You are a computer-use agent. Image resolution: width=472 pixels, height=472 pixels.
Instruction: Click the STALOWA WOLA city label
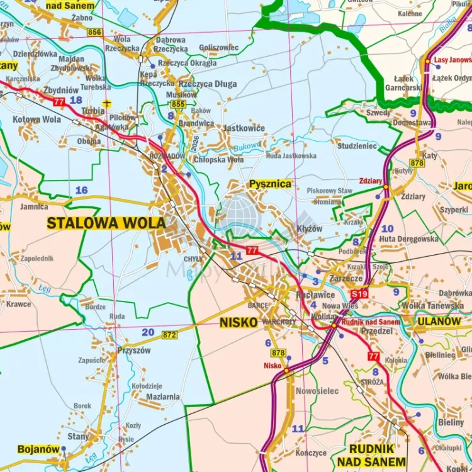pyautogui.click(x=106, y=223)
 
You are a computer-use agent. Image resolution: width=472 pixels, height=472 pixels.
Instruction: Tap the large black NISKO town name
pyautogui.click(x=239, y=323)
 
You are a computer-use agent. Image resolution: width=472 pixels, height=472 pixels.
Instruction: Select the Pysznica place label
pyautogui.click(x=271, y=184)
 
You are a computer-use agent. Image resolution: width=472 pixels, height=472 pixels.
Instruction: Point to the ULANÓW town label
pyautogui.click(x=439, y=321)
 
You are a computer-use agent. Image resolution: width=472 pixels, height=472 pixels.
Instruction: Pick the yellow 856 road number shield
pyautogui.click(x=94, y=32)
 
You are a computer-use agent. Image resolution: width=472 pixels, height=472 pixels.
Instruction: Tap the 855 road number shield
pyautogui.click(x=178, y=104)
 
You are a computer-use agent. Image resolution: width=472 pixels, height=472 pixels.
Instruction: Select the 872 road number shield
pyautogui.click(x=169, y=335)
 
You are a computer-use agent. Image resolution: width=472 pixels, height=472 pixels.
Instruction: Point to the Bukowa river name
pyautogui.click(x=247, y=146)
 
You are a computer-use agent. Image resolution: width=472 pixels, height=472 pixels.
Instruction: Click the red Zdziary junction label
pyautogui.click(x=371, y=181)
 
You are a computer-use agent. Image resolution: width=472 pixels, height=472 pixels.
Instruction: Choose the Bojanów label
pyautogui.click(x=38, y=449)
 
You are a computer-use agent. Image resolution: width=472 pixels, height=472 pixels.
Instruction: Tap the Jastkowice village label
pyautogui.click(x=244, y=128)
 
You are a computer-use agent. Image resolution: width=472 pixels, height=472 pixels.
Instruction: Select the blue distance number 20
pyautogui.click(x=147, y=332)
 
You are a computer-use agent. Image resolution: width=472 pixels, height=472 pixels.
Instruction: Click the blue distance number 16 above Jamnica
pyautogui.click(x=81, y=190)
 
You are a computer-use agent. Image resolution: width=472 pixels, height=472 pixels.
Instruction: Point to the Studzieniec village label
pyautogui.click(x=357, y=146)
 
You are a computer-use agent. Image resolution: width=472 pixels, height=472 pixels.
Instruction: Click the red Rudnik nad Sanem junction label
pyautogui.click(x=371, y=322)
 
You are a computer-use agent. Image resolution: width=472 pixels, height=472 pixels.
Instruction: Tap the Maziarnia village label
pyautogui.click(x=162, y=397)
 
